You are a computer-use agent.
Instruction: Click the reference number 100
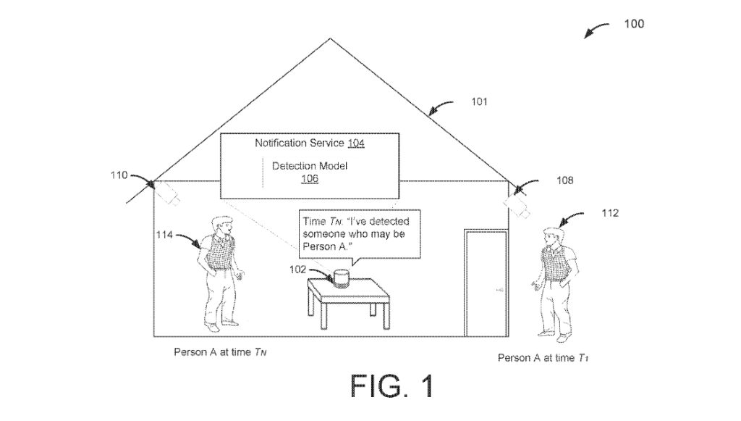[633, 24]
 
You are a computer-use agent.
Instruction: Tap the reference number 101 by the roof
[479, 102]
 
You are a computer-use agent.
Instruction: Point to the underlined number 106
[310, 178]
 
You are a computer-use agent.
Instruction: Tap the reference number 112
[610, 214]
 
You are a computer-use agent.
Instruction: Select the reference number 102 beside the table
[297, 269]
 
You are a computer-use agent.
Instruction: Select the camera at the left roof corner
[170, 193]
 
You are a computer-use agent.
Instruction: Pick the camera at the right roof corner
[517, 203]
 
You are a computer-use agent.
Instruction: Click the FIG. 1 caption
[392, 385]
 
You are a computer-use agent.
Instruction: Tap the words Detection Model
[310, 166]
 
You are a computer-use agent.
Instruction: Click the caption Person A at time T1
[543, 358]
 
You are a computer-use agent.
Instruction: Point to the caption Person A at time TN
[216, 352]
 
